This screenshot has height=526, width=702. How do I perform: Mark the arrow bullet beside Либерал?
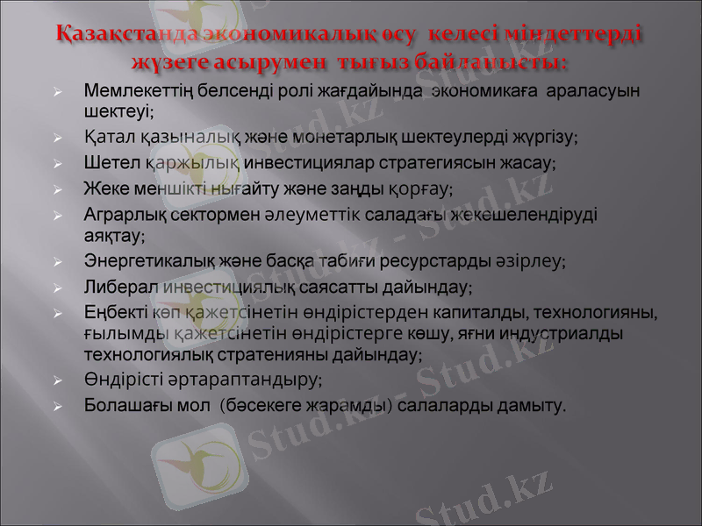pos(57,288)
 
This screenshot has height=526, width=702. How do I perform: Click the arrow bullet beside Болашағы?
pos(57,407)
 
